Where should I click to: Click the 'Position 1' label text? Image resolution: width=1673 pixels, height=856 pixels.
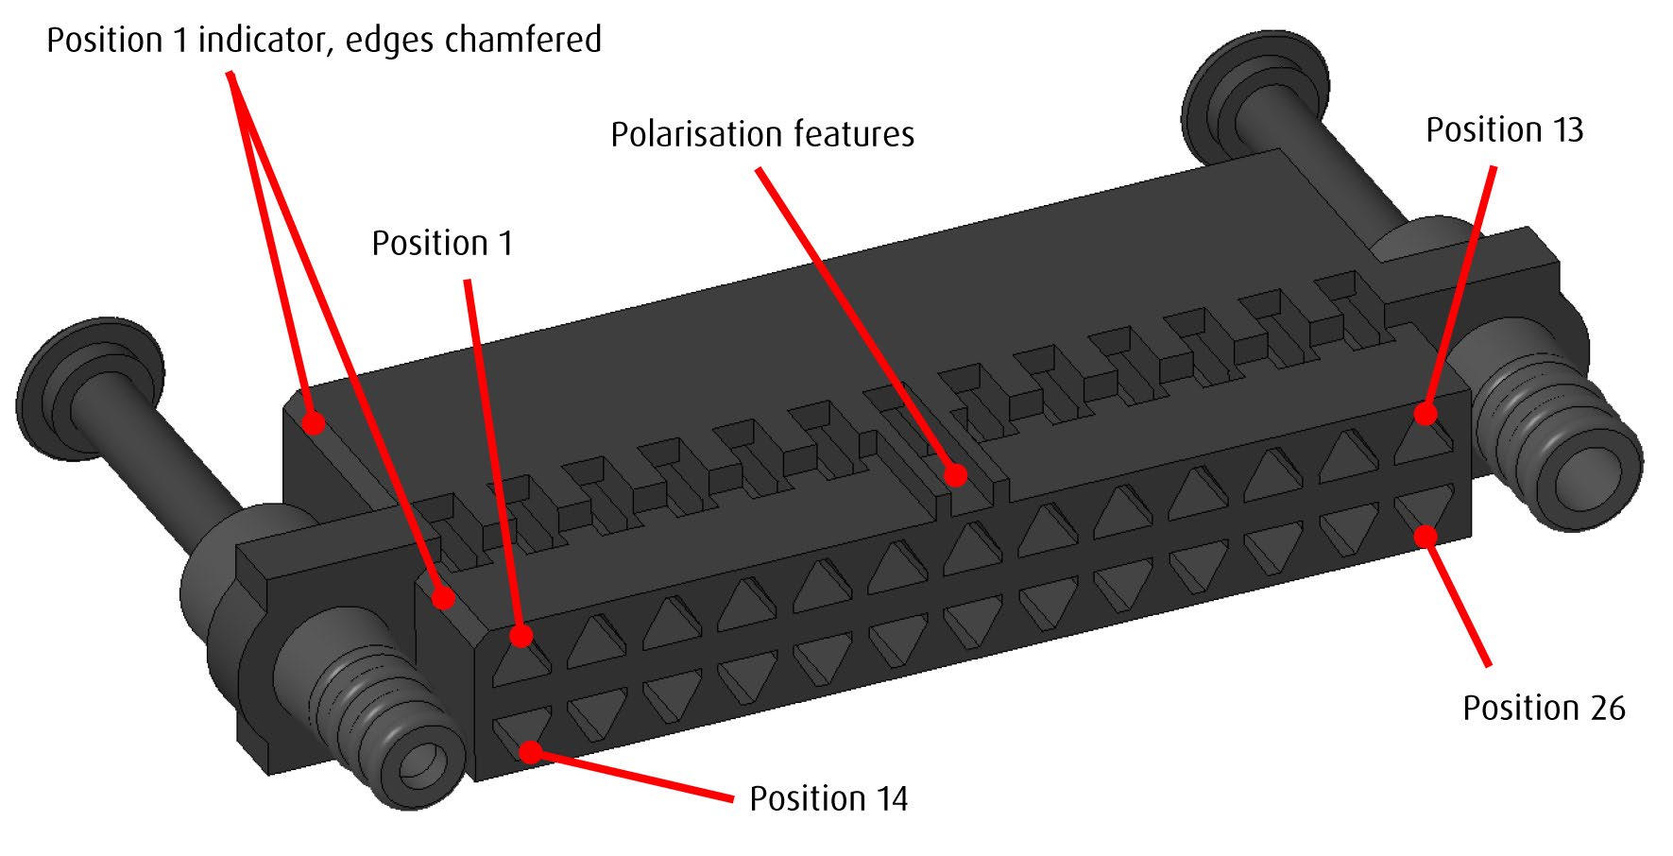pos(442,244)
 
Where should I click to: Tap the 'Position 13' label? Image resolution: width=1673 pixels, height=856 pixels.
pos(1504,130)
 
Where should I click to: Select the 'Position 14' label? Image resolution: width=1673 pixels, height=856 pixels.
pos(828,799)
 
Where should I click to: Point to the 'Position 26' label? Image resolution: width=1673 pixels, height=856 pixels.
pos(1544,709)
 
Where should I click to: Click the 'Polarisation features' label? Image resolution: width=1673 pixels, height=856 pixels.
pos(762,135)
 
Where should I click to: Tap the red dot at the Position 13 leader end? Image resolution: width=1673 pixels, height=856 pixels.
pos(1425,413)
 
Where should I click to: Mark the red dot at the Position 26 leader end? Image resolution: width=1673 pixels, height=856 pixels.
pos(1425,536)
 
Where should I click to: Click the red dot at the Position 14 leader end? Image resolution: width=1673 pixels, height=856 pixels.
pos(531,752)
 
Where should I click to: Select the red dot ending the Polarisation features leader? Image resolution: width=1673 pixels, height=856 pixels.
pos(956,474)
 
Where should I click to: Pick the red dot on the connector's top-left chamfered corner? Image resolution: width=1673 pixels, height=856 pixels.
pos(314,421)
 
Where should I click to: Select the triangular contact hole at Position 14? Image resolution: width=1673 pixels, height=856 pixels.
pos(521,731)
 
